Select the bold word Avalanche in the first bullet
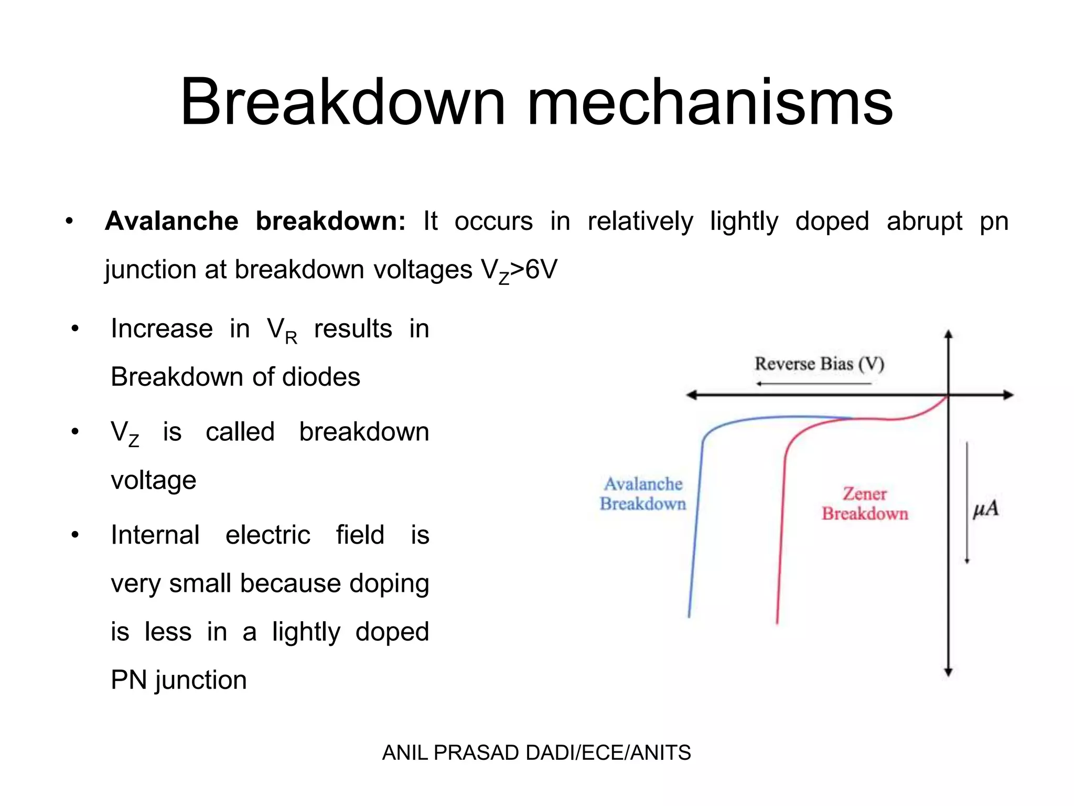[171, 221]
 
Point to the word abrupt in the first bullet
[924, 221]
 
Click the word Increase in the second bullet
[162, 329]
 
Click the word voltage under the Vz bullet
[153, 480]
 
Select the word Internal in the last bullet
[155, 535]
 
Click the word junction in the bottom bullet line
[201, 681]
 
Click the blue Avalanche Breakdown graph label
[643, 494]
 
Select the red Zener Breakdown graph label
[865, 504]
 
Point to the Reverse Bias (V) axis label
[819, 364]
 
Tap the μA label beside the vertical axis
[985, 509]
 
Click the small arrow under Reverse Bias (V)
[813, 384]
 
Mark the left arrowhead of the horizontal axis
[691, 395]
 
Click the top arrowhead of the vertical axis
[948, 334]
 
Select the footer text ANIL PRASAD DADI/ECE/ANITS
[536, 753]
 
